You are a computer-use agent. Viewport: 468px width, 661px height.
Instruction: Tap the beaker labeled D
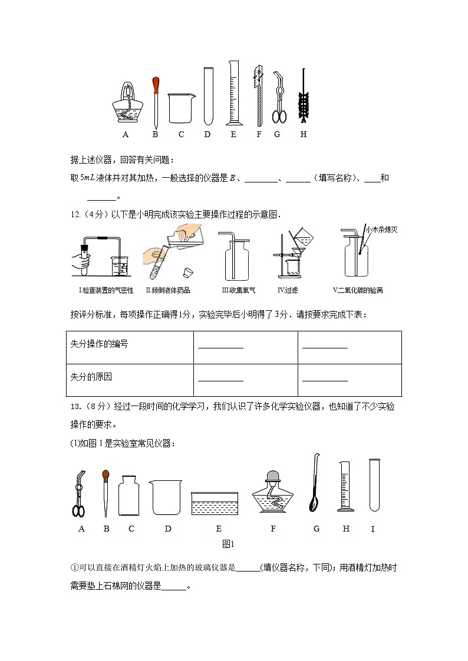coord(167,497)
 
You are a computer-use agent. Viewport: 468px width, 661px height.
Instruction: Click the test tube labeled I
coord(374,485)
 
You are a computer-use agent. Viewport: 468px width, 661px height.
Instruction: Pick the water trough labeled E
coord(215,504)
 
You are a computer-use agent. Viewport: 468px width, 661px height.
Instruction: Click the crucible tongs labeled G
coord(279,98)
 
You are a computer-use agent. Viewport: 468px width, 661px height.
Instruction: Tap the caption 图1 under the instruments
coord(229,544)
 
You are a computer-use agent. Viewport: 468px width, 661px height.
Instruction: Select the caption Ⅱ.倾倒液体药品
coord(168,290)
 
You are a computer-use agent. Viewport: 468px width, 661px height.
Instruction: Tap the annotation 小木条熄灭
coord(381,230)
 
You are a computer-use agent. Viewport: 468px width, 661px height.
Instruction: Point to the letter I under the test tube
coord(373,529)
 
